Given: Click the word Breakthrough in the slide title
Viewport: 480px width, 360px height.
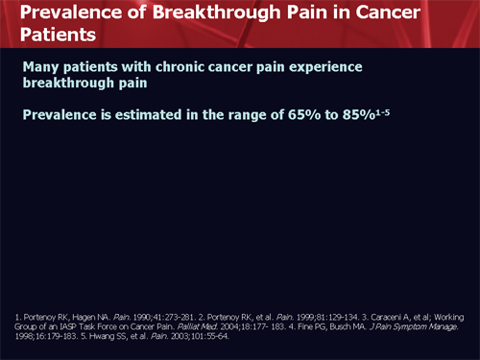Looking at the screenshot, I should tap(235, 13).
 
